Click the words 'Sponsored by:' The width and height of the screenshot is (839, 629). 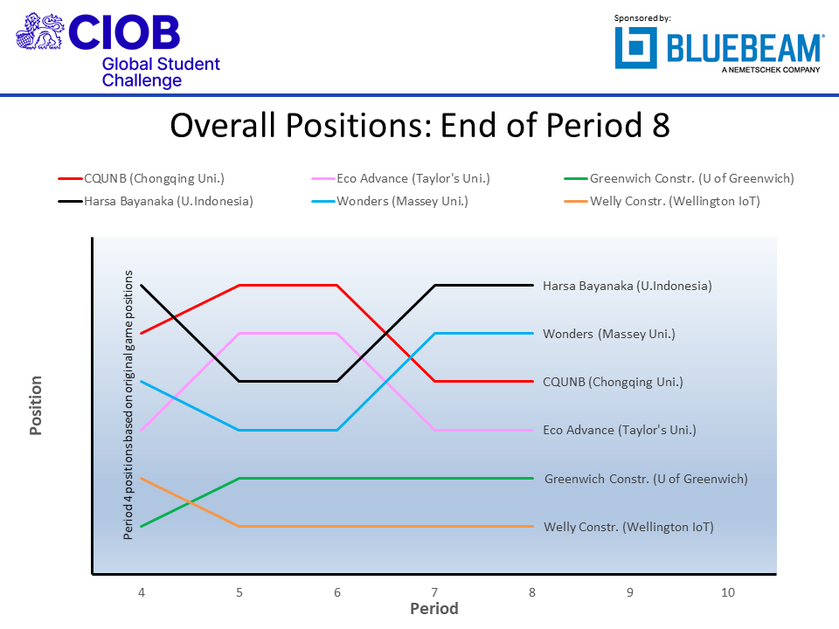642,17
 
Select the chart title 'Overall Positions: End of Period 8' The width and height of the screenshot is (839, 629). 419,126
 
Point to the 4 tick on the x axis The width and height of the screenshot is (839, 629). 141,592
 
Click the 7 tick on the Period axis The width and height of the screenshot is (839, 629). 434,592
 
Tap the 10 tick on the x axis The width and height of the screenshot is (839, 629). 727,592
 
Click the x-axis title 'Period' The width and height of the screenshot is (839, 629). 434,608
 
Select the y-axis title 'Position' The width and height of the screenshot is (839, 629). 36,405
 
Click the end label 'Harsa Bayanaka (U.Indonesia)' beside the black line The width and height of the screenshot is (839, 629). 627,286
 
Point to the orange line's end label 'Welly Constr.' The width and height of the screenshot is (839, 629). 628,527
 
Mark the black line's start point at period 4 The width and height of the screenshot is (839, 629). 141,285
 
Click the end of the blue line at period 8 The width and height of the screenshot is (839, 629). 532,333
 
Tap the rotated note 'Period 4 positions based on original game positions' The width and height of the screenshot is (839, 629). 128,405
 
